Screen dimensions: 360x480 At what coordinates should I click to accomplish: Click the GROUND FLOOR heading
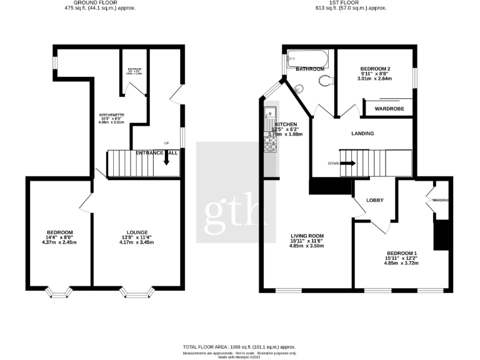point(101,3)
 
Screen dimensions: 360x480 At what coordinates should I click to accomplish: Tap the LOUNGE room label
point(136,232)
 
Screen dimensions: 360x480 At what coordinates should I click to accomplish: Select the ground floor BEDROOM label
point(59,232)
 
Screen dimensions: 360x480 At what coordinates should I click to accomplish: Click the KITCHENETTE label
point(112,115)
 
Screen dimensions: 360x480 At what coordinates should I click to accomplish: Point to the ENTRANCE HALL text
point(157,152)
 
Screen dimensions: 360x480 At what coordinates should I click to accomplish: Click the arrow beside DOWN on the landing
point(348,163)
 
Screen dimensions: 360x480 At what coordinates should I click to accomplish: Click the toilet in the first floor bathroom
point(323,79)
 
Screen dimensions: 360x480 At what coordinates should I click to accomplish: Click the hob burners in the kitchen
point(271,144)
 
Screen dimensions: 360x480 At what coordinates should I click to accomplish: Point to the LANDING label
point(362,134)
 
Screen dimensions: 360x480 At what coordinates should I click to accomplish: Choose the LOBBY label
point(374,200)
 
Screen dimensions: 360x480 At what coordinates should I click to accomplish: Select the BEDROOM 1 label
point(401,252)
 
